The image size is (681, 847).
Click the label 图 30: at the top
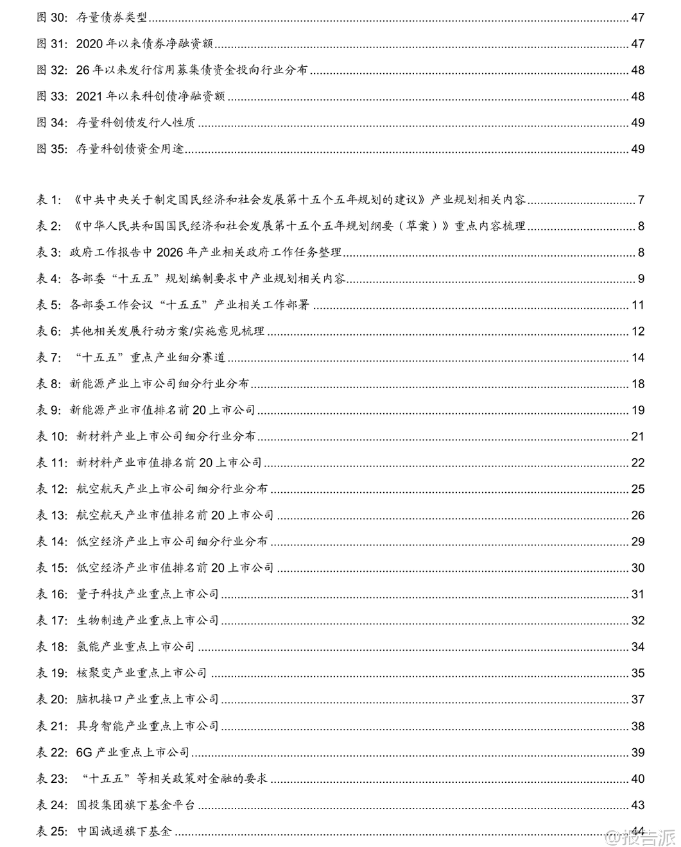pos(51,17)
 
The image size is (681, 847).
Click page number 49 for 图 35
pos(637,149)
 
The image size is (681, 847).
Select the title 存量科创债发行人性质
pos(135,123)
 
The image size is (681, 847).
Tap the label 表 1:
pos(49,200)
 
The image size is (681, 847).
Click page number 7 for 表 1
pos(641,200)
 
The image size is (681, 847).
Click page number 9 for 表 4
pos(641,278)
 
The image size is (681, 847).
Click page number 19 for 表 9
pos(637,410)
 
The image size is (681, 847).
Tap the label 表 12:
pos(51,489)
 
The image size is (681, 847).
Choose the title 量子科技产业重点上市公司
pos(148,594)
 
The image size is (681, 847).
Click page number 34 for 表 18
pos(637,647)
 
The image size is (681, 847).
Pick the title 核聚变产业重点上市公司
pos(142,673)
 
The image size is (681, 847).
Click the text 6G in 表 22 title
pos(84,752)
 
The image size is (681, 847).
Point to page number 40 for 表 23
pos(637,778)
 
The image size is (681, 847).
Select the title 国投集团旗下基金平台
pos(135,805)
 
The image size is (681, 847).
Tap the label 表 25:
pos(51,831)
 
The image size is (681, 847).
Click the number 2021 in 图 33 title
pos(89,96)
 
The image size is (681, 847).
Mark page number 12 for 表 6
pos(637,331)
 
